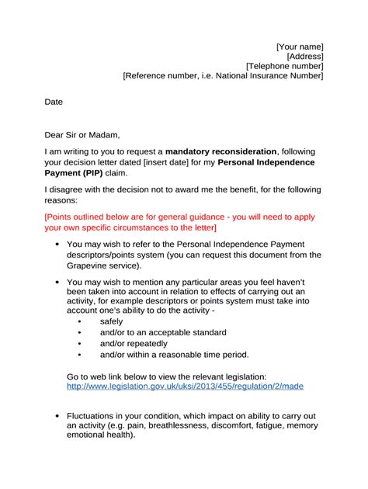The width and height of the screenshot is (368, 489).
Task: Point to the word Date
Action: [54, 102]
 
